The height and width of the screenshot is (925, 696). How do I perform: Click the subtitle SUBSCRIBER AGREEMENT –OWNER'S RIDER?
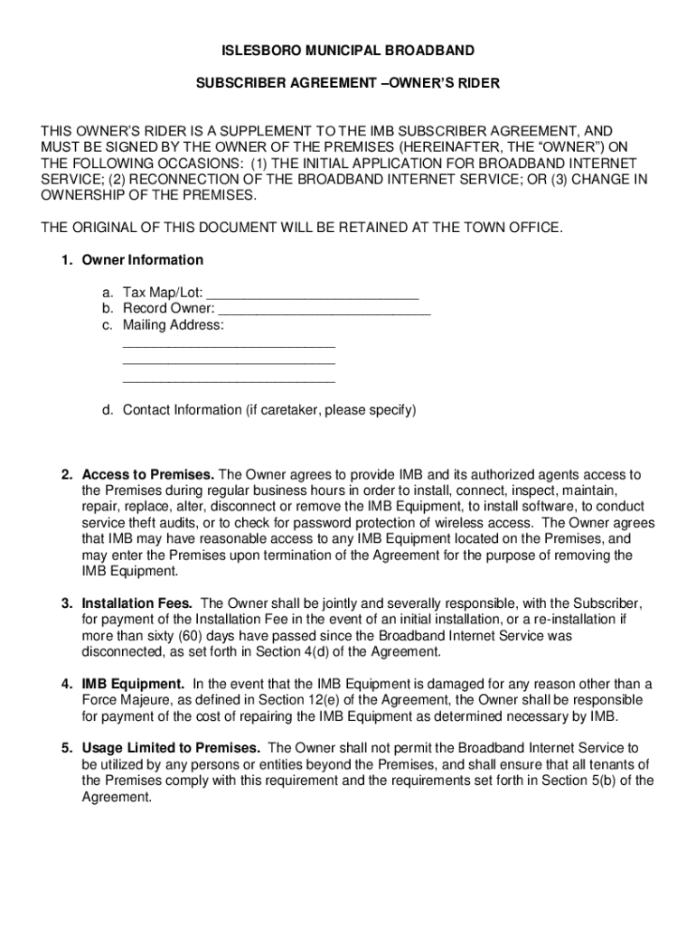coord(348,83)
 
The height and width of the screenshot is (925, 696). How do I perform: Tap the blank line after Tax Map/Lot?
coord(313,294)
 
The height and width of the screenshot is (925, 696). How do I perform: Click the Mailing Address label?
coord(174,325)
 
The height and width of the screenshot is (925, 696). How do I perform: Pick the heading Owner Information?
coord(143,260)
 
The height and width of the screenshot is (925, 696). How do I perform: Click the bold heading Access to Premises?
coord(148,474)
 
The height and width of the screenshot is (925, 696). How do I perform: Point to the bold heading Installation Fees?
coord(137,603)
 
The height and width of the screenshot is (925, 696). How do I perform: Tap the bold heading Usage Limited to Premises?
coord(172,748)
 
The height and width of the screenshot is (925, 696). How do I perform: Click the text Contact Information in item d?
coord(182,410)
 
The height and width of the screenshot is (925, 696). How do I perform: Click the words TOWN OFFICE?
coord(511,227)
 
